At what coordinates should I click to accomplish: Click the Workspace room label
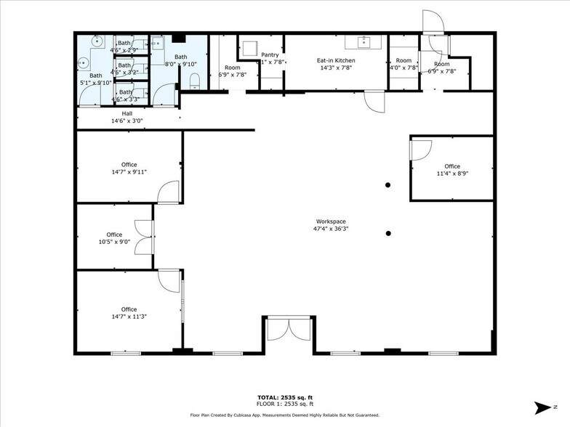pos(331,221)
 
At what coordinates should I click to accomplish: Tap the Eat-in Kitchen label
pos(335,60)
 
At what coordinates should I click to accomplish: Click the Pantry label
pos(270,54)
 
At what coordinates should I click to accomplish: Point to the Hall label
pos(127,113)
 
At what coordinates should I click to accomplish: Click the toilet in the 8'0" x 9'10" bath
pos(193,85)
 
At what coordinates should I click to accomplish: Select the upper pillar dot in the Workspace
pos(388,185)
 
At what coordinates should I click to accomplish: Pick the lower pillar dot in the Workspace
pos(388,233)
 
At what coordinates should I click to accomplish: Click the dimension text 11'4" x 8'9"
pos(452,174)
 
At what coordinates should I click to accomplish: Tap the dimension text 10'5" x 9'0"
pos(114,243)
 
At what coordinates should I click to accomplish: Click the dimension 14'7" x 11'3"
pos(129,317)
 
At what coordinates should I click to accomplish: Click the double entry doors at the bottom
pos(289,330)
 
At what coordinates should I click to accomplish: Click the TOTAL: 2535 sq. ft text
pos(284,398)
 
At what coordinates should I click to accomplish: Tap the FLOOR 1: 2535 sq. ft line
pos(284,404)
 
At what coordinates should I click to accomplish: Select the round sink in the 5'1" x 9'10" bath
pos(84,62)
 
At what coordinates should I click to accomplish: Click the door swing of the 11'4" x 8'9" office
pos(420,150)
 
